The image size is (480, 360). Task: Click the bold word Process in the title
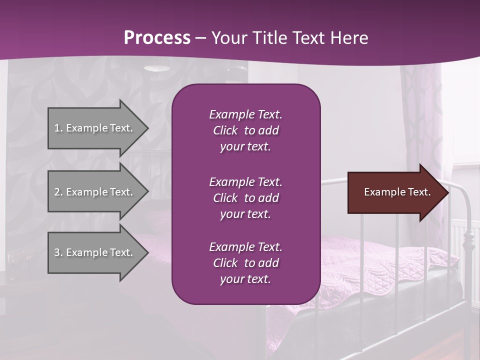click(x=157, y=38)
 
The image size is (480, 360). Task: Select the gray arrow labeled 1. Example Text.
click(x=95, y=128)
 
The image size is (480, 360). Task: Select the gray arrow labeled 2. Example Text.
click(x=95, y=192)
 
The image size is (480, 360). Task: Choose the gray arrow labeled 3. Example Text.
click(x=95, y=252)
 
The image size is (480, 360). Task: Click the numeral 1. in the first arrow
click(x=58, y=128)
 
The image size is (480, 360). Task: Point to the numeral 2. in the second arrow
click(x=58, y=192)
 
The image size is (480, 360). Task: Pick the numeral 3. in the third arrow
click(x=58, y=252)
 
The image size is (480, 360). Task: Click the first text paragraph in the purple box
click(x=245, y=130)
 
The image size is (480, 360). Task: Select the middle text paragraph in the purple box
click(x=245, y=198)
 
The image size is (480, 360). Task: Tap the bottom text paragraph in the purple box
click(x=245, y=263)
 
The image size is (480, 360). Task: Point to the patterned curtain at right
click(x=425, y=115)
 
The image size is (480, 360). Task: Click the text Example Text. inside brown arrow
click(x=397, y=192)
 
